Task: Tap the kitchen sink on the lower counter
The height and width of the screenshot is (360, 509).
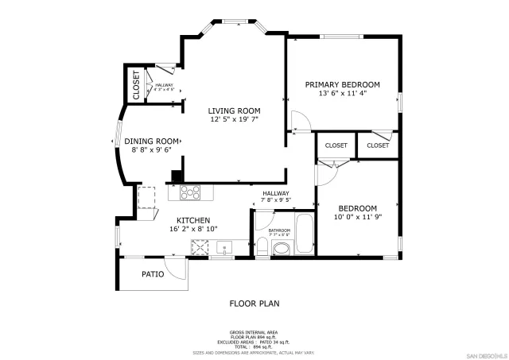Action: click(225, 247)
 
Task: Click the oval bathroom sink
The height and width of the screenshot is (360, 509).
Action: click(282, 250)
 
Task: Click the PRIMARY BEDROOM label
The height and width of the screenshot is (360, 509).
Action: click(343, 84)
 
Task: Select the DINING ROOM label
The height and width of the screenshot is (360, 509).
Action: click(152, 141)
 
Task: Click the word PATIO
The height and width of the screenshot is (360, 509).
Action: click(153, 274)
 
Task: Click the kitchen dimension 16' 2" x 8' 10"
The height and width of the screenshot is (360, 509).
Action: click(193, 229)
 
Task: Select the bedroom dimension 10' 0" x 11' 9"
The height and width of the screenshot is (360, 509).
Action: click(357, 217)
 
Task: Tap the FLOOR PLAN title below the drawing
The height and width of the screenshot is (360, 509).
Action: click(254, 303)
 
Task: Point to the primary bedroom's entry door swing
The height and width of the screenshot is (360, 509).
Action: click(301, 122)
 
